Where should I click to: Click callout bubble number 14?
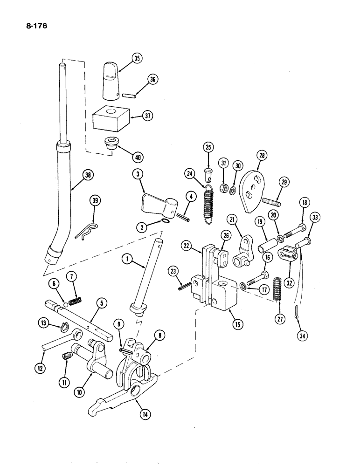coord(135,412)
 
